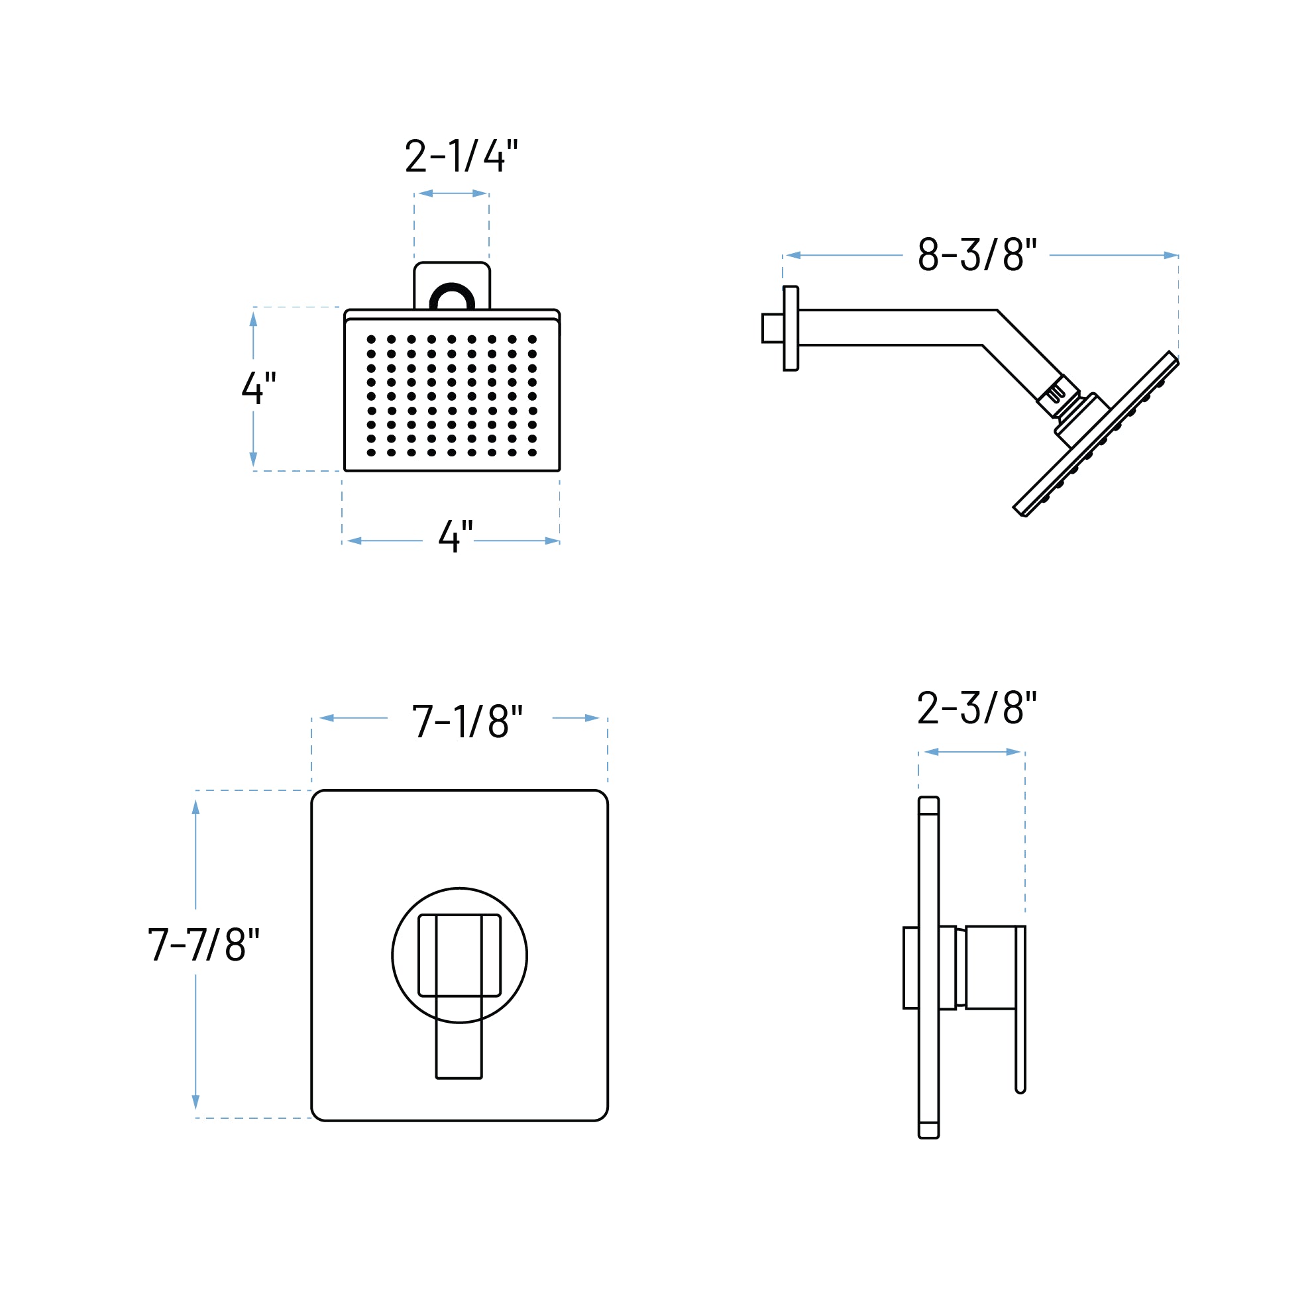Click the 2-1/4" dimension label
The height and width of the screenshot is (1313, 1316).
461,156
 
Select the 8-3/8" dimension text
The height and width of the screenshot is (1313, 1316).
976,254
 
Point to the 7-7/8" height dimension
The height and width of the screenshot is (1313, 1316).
203,945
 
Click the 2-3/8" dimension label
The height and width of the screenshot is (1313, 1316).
976,708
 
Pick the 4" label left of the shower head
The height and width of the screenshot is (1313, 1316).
259,387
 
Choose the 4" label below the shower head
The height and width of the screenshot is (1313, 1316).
455,536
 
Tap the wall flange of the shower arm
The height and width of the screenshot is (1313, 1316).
790,329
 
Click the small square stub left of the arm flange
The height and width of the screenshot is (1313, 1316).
773,329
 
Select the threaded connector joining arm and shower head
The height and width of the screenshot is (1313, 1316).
1057,395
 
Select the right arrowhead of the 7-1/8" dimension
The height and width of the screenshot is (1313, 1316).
591,719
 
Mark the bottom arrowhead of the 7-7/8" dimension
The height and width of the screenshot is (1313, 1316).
195,1102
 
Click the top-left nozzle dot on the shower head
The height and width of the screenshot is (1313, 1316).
371,339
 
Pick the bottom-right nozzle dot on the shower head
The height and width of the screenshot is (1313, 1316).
532,452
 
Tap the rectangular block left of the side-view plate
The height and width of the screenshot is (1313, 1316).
910,968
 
